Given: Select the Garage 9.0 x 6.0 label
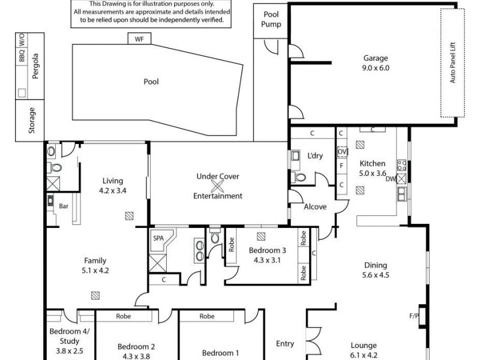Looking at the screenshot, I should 376,63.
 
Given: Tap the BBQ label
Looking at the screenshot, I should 22,57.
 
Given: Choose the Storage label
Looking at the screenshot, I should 32,121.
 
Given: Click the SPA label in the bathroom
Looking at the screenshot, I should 158,238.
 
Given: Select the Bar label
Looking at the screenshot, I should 64,206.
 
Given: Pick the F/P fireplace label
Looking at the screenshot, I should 414,315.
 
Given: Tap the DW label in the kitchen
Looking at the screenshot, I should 391,178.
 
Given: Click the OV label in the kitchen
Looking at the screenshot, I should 342,151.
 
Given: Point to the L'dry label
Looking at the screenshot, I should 315,156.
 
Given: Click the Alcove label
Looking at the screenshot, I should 316,207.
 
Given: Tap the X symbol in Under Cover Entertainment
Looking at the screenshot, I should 218,185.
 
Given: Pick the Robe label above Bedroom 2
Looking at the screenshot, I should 124,316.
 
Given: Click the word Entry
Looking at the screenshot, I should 284,344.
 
